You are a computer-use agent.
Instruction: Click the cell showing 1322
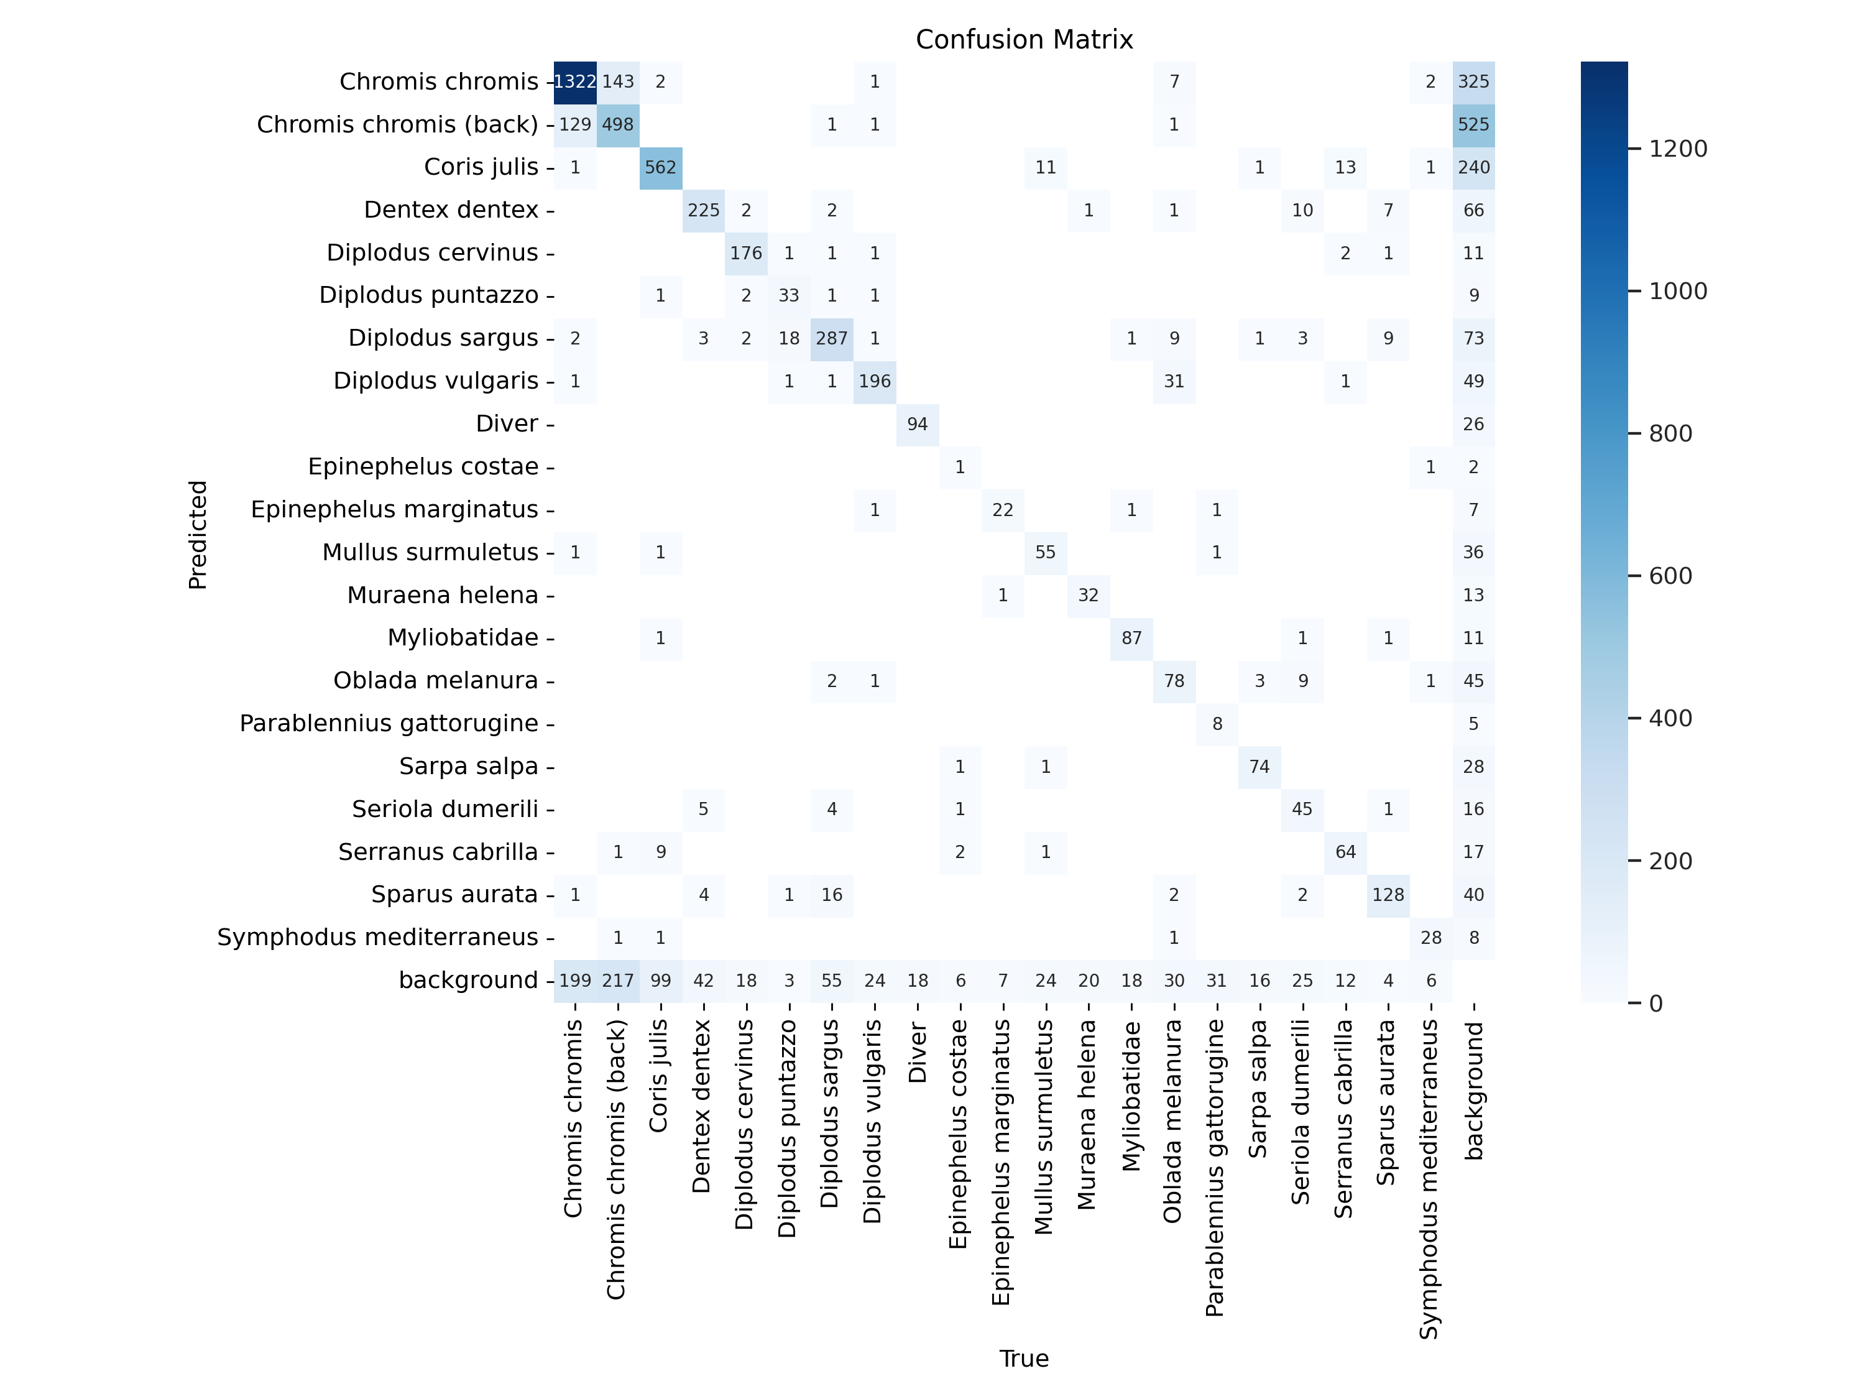[x=575, y=82]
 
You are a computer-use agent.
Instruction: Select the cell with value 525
[x=1473, y=125]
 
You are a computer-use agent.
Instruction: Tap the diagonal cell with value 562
[x=660, y=168]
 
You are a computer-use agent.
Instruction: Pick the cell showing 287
[x=831, y=338]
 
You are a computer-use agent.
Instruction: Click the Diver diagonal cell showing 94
[x=918, y=424]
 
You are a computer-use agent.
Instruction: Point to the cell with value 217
[x=618, y=981]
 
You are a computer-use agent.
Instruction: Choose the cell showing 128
[x=1388, y=895]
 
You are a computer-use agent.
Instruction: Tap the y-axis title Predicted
[x=197, y=535]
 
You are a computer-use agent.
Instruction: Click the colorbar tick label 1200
[x=1678, y=149]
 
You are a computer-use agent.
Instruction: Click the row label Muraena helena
[x=443, y=596]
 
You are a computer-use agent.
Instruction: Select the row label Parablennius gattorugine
[x=389, y=724]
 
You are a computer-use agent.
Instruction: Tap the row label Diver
[x=507, y=424]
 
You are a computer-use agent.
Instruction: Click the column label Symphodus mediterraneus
[x=1430, y=1179]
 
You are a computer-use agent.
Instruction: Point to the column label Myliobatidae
[x=1131, y=1096]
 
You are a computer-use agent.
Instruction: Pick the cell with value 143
[x=618, y=82]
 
